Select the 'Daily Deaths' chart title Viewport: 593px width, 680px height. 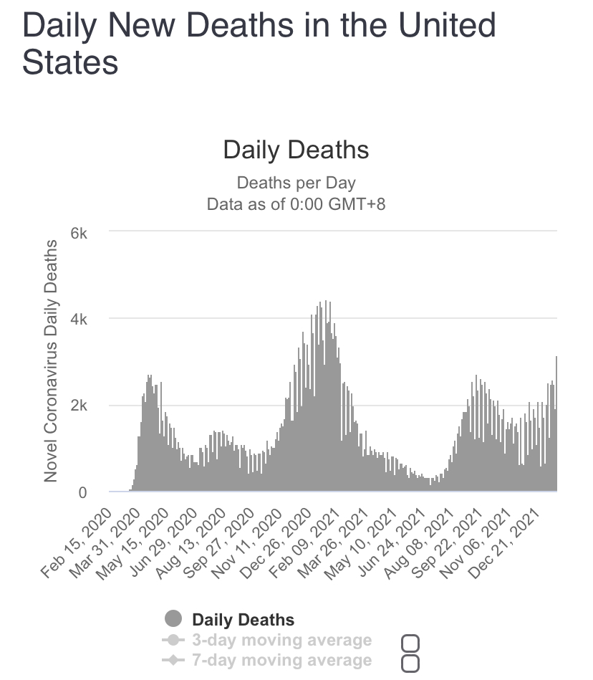[296, 150]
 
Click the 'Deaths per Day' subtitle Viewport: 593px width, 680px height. [296, 183]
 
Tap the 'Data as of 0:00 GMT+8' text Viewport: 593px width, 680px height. [296, 204]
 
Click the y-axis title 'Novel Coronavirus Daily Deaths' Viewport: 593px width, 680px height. [51, 360]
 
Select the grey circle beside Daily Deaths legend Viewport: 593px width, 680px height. [173, 619]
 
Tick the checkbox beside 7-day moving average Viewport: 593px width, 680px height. [410, 664]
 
